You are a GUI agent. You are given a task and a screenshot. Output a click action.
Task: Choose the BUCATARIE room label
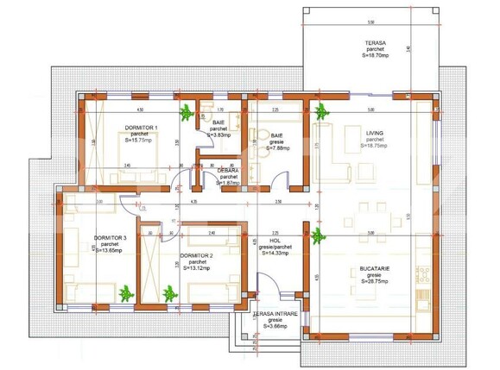(376, 269)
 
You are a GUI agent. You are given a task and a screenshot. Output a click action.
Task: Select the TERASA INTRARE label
(274, 315)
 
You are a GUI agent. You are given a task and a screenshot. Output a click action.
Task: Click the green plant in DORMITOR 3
(126, 294)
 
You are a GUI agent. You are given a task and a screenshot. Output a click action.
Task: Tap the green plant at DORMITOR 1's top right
(184, 111)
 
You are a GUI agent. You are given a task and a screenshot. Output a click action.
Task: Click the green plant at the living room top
(321, 110)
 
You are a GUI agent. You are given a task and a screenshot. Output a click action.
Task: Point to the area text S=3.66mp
(275, 327)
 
